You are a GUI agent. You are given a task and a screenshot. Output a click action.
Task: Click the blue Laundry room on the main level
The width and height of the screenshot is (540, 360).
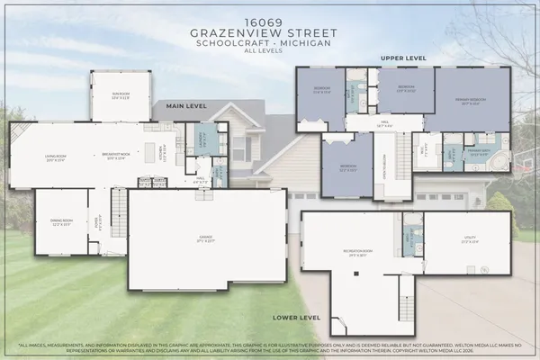[202, 139]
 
